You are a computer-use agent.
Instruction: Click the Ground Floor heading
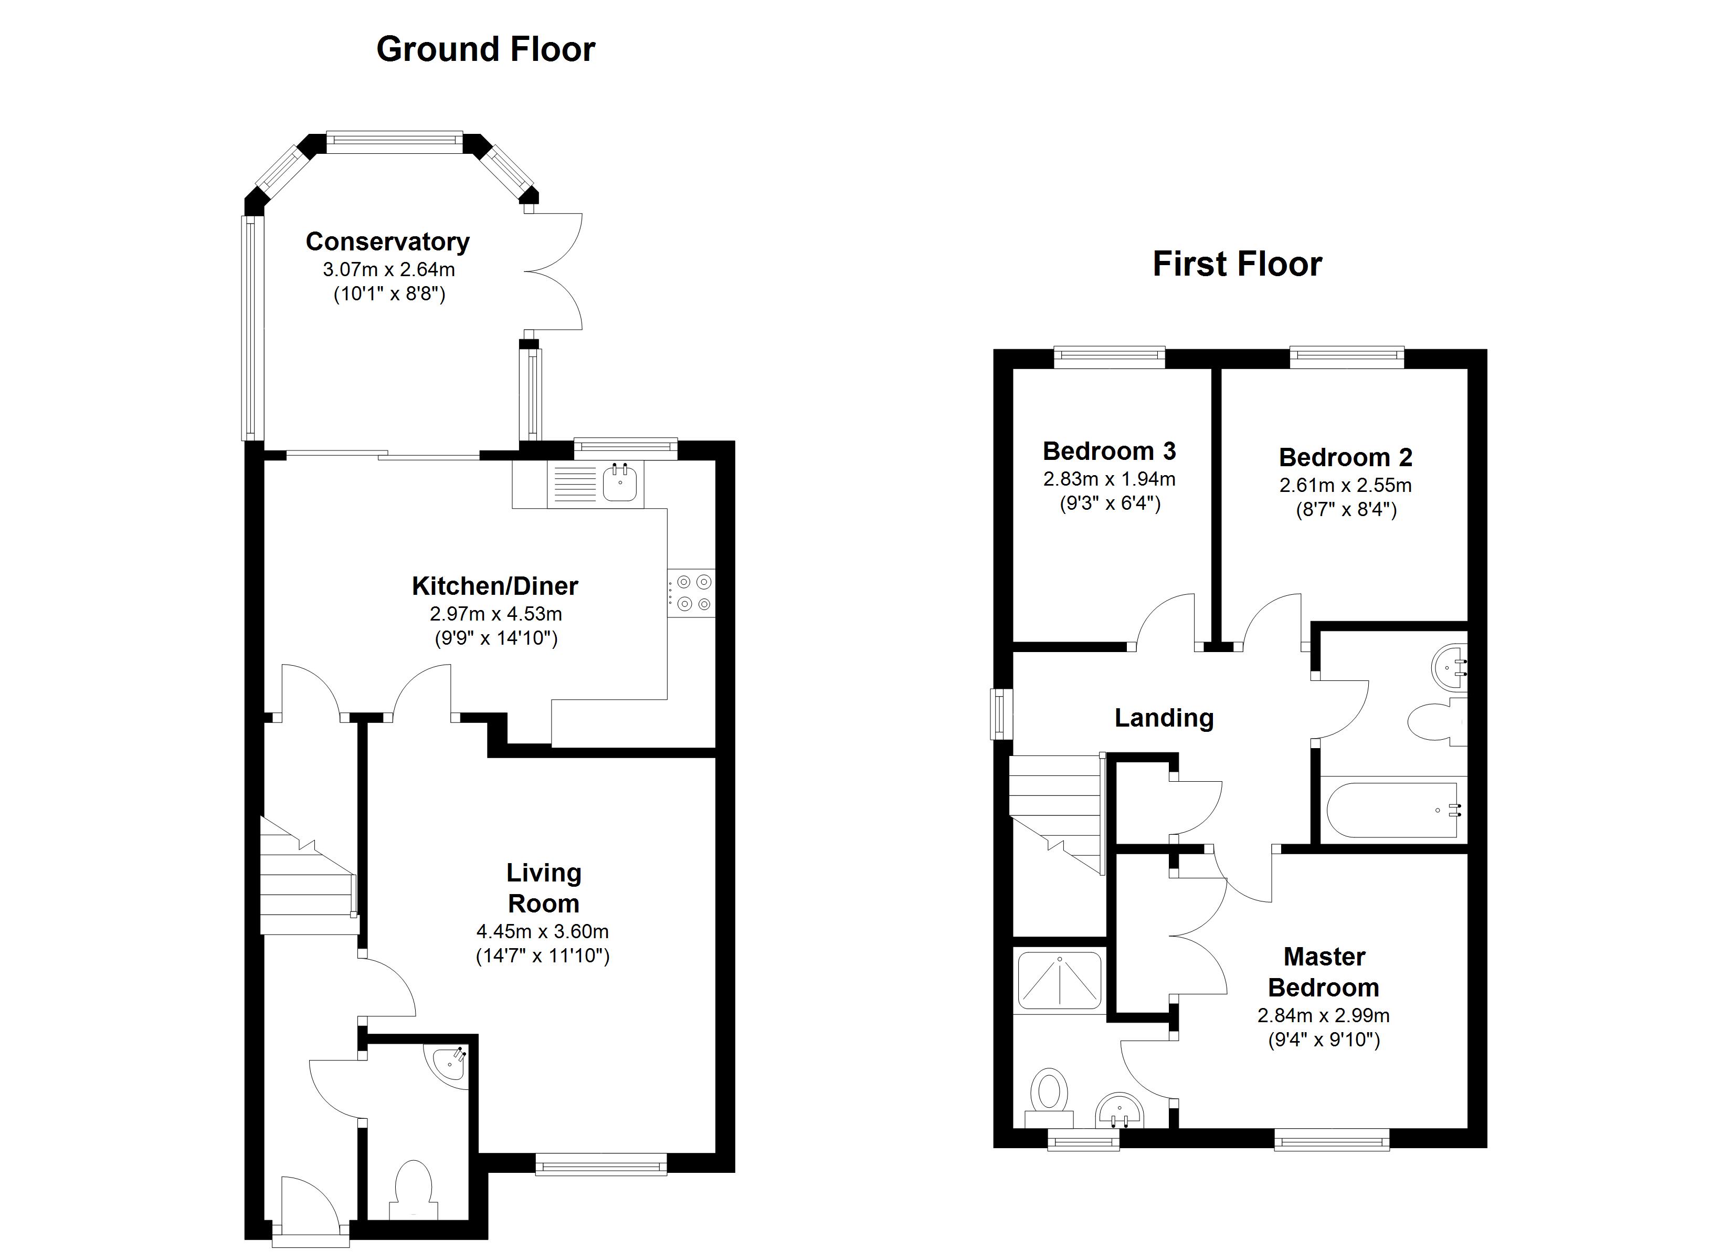485,50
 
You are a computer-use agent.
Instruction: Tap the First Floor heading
1237,265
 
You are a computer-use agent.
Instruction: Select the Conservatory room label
388,241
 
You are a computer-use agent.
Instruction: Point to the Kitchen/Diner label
495,586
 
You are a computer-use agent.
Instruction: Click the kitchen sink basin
620,483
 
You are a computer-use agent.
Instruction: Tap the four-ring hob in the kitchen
691,593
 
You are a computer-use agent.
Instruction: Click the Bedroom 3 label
1109,451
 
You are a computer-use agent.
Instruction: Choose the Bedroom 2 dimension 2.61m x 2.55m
1346,485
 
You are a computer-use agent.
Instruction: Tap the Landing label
1164,718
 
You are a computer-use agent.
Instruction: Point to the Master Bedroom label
1324,972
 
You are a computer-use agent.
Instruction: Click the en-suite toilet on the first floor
1049,1097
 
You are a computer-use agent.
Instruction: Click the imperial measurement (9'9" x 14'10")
497,638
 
